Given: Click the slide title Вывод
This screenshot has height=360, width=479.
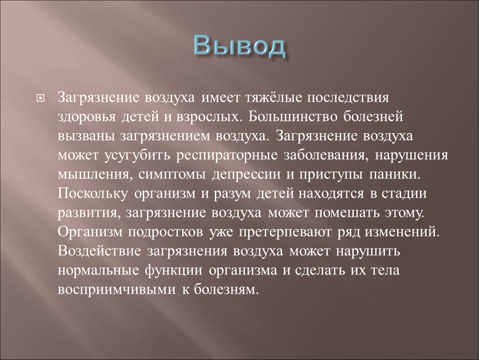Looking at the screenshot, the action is tap(240, 46).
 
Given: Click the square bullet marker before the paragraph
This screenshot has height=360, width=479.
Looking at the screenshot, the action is tap(40, 98).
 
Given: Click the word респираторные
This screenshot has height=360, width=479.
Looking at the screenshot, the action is tap(227, 156).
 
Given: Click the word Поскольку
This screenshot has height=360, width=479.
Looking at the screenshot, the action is tap(93, 193).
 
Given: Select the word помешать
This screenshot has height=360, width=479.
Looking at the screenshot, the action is tap(347, 212).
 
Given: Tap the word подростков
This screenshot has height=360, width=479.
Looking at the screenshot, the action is tap(165, 232).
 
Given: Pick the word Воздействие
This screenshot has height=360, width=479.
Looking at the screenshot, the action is tap(99, 251).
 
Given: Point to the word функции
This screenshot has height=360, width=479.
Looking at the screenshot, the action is tap(174, 270).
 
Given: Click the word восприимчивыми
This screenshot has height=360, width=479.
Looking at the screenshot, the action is tap(117, 290).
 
